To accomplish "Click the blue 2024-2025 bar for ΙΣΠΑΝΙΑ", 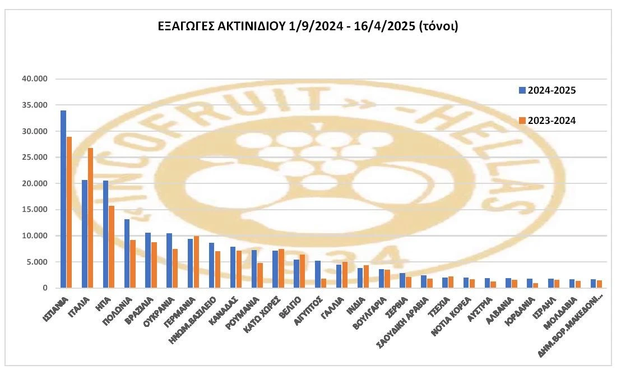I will pyautogui.click(x=63, y=199).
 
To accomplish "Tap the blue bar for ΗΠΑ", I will pyautogui.click(x=105, y=234).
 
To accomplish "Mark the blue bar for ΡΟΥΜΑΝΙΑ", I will pyautogui.click(x=253, y=269).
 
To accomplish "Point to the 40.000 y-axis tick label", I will pyautogui.click(x=38, y=79).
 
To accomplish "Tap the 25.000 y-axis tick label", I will pyautogui.click(x=38, y=158).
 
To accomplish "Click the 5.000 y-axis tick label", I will pyautogui.click(x=39, y=262).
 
